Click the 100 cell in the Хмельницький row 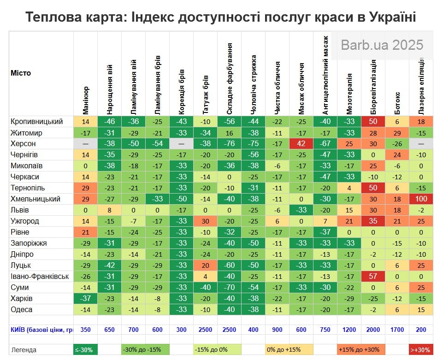point(421,199)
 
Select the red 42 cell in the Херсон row point(301,144)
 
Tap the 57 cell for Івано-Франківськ point(373,277)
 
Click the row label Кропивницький point(36,122)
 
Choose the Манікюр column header point(86,100)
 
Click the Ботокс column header point(397,103)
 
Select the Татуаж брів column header point(206,94)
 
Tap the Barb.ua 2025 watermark point(382,45)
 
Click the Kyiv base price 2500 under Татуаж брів point(206,330)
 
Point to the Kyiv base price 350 point(86,330)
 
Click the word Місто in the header point(21,73)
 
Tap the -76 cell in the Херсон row point(230,144)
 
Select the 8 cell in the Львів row point(110,210)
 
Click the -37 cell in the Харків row point(86,299)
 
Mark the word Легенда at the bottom point(24,350)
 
